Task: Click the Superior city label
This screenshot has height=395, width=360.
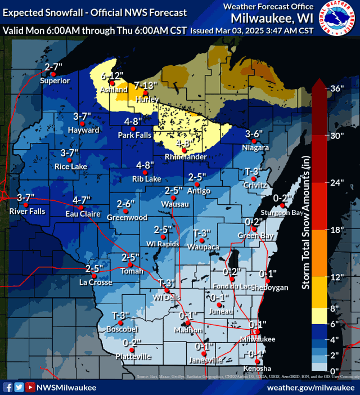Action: coord(55,80)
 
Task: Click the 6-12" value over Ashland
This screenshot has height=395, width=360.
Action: coord(112,75)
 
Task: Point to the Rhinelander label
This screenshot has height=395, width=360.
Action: coord(185,157)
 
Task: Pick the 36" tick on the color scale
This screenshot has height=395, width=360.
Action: coord(336,88)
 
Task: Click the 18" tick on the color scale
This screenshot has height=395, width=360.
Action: coord(336,230)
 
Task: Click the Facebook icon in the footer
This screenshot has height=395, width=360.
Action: coord(8,387)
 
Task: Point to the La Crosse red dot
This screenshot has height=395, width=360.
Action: coord(94,276)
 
